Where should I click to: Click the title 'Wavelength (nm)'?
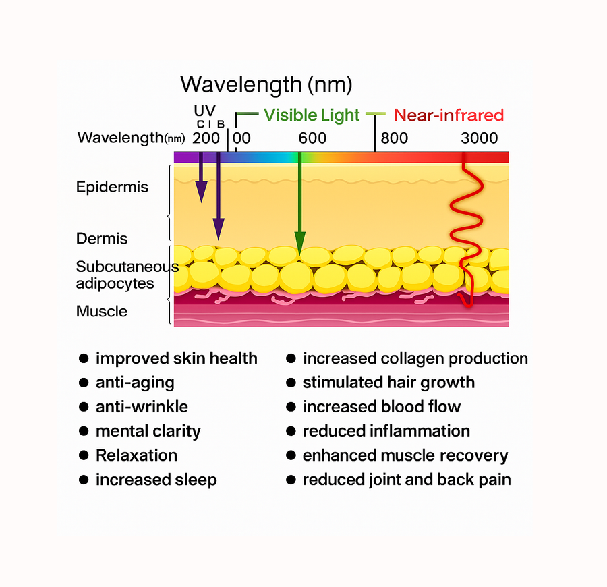266,85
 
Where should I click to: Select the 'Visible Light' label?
312,115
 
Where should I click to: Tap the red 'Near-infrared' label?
449,115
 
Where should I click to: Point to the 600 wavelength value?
312,138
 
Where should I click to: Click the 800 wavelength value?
394,138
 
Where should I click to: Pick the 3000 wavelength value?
480,138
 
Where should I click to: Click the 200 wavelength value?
206,138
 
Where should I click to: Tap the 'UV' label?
205,111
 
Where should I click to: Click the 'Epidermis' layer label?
112,187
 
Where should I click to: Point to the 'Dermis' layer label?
102,239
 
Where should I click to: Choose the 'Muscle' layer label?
102,312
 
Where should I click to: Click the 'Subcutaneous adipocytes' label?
127,275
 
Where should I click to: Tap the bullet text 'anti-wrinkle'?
142,407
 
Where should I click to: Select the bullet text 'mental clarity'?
148,431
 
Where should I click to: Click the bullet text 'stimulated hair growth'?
388,383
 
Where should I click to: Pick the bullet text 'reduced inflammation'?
386,431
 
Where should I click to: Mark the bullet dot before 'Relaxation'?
84,455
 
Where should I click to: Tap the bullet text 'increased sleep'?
156,480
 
